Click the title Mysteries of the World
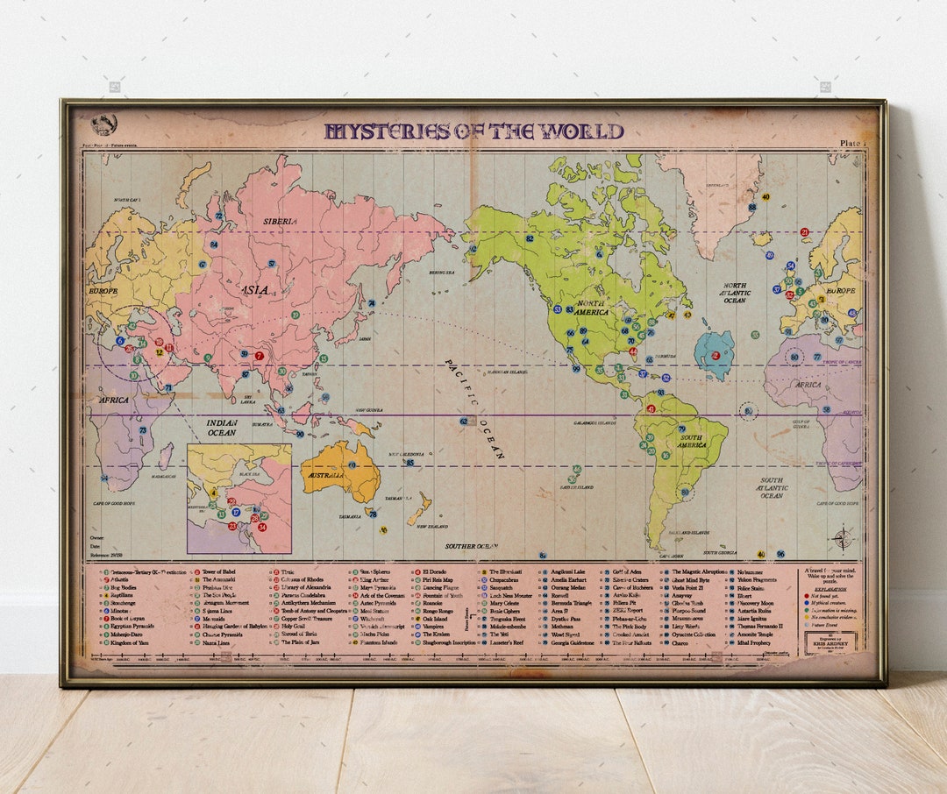pos(473,132)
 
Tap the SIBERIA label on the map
pos(281,222)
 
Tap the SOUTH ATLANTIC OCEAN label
pos(772,488)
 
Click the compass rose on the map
pos(842,538)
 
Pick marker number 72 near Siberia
pos(218,216)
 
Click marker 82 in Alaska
pos(530,238)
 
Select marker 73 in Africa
pos(143,430)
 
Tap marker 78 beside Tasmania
pos(373,514)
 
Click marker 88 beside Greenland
pos(751,207)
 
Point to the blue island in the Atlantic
pos(715,354)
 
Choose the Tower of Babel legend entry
pos(218,571)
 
